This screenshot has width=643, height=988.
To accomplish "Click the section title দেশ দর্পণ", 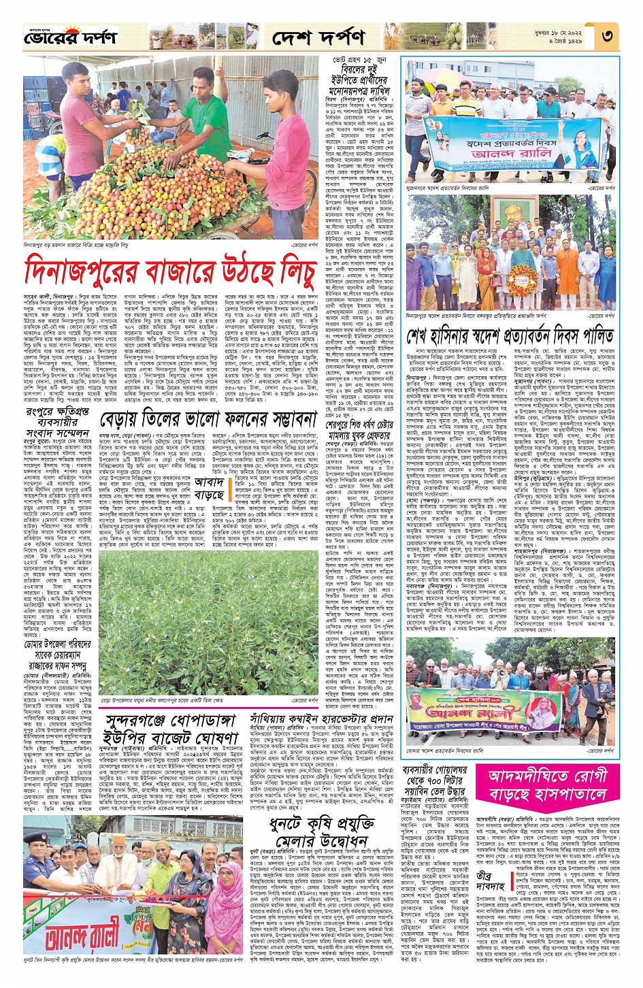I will click(318, 37).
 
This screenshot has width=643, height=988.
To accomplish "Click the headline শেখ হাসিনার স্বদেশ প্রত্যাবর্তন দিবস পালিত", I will click(510, 336).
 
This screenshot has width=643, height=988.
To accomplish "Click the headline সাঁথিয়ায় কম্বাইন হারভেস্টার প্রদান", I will click(321, 718).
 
